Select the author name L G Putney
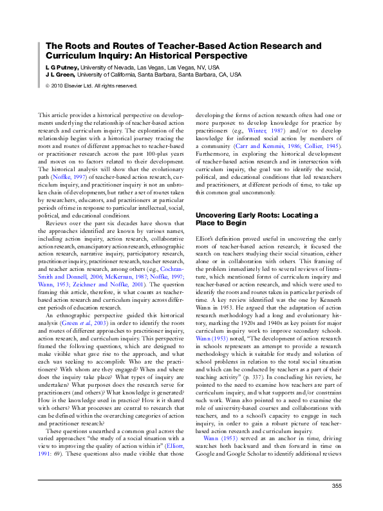tap(61, 67)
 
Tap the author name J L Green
tap(61, 75)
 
